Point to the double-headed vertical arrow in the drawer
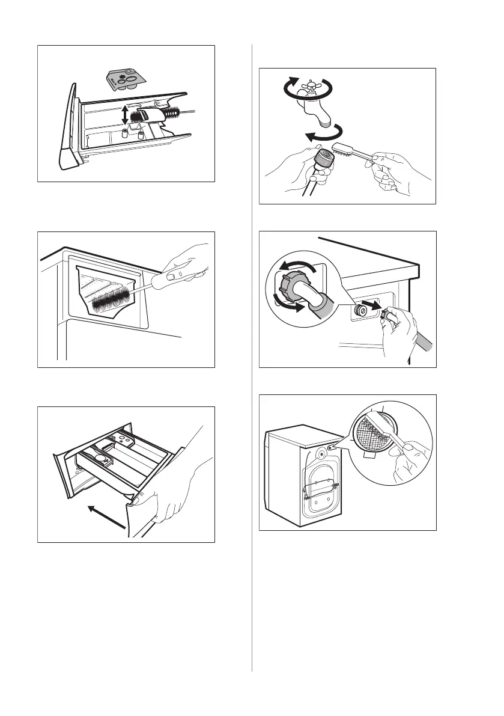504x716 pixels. pyautogui.click(x=124, y=115)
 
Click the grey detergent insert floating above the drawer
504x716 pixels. pyautogui.click(x=125, y=78)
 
